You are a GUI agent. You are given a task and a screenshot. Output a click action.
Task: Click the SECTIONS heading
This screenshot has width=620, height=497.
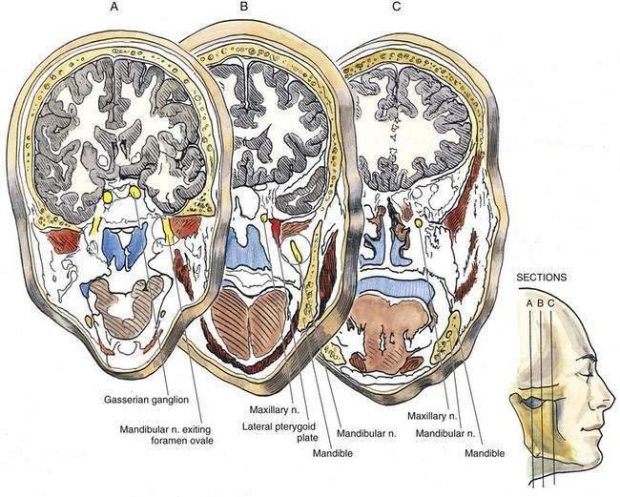click(x=541, y=278)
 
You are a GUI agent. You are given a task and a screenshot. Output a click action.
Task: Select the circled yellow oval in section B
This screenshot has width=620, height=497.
click(x=298, y=252)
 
